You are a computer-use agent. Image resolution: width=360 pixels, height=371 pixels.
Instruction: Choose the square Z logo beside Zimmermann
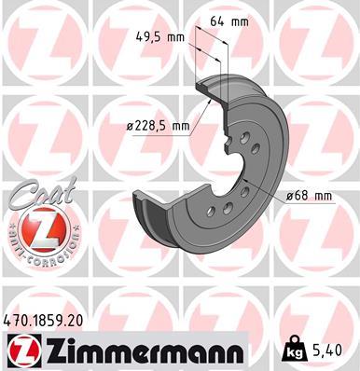click(21, 350)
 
